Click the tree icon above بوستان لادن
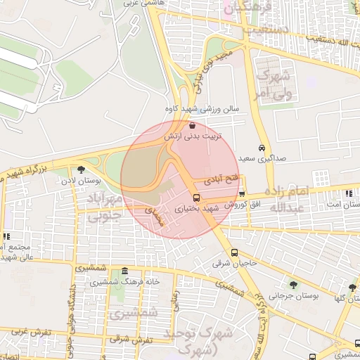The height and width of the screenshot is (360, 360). pyautogui.click(x=81, y=169)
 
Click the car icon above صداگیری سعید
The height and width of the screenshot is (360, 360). pyautogui.click(x=262, y=148)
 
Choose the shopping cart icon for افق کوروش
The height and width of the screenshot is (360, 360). pyautogui.click(x=242, y=193)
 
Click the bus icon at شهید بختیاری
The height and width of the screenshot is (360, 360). pyautogui.click(x=196, y=198)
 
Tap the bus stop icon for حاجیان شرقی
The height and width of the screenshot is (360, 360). pyautogui.click(x=234, y=253)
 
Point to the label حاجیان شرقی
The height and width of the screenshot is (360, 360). pyautogui.click(x=231, y=264)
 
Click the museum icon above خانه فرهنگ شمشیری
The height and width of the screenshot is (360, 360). pyautogui.click(x=124, y=271)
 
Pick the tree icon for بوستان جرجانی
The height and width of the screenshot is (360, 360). pyautogui.click(x=293, y=285)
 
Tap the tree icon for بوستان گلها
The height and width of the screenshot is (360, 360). pyautogui.click(x=352, y=287)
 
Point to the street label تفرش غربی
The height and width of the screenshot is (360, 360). pyautogui.click(x=27, y=330)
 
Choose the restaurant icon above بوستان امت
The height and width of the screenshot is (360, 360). pyautogui.click(x=349, y=193)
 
